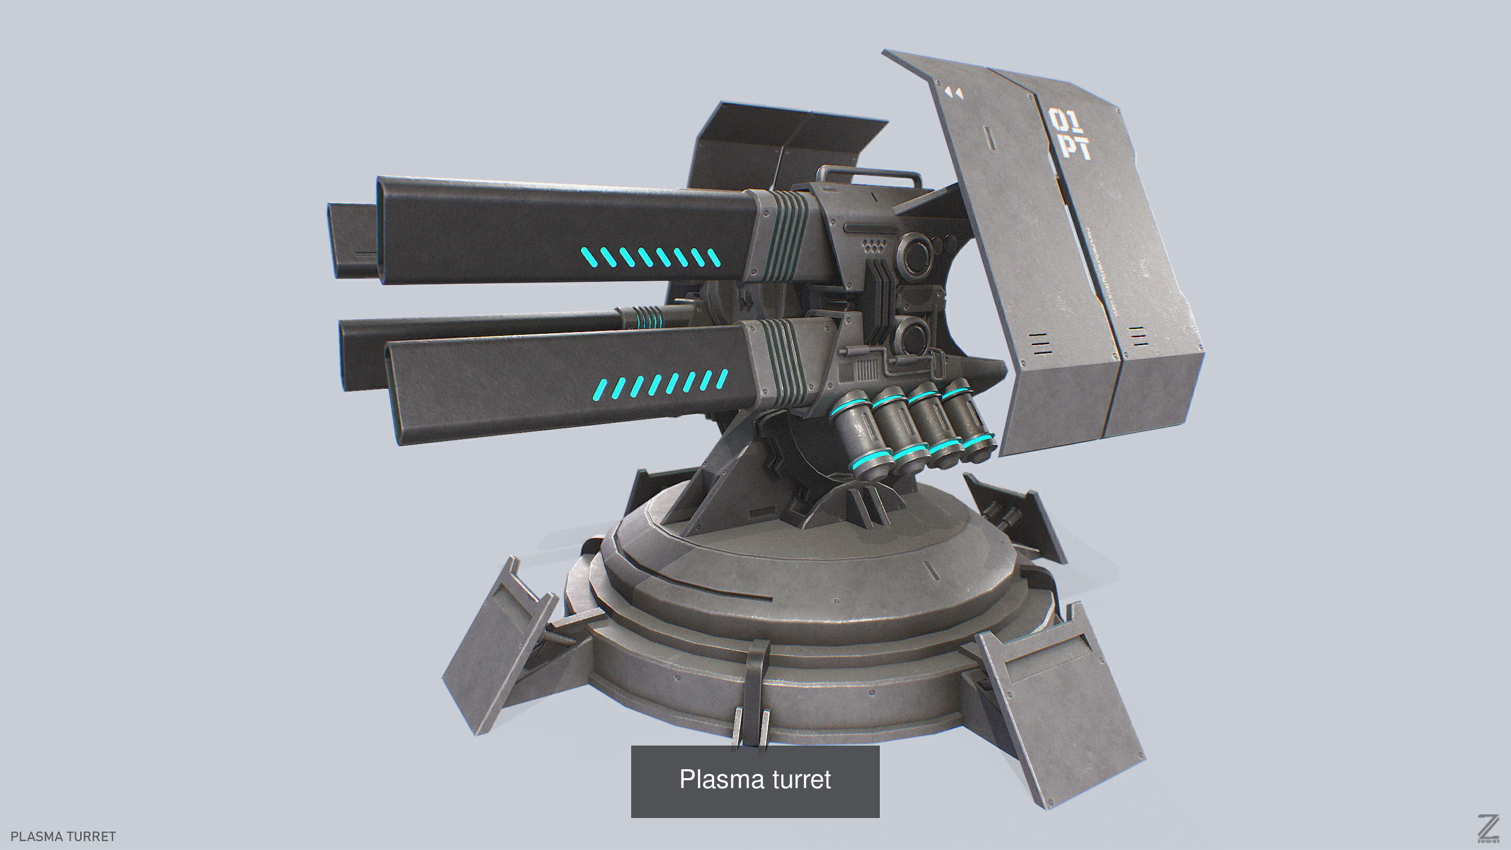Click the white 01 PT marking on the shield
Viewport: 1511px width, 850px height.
(1069, 134)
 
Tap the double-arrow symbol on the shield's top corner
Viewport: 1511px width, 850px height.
(954, 93)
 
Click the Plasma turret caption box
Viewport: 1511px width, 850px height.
(755, 781)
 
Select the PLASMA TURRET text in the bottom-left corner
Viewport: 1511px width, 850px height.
(63, 836)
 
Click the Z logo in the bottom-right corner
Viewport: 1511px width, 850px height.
(1489, 829)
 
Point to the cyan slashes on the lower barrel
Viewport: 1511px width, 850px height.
(661, 384)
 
